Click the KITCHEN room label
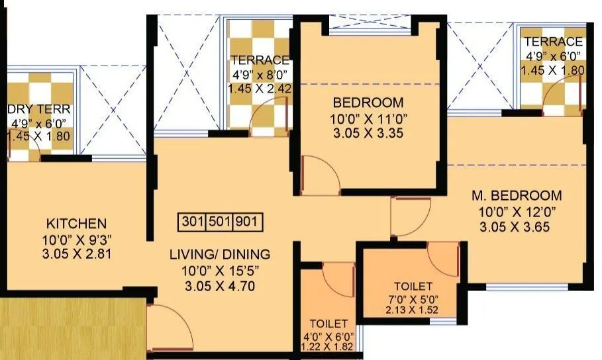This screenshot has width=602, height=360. [76, 223]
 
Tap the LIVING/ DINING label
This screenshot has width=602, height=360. [219, 254]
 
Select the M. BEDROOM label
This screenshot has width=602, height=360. [517, 196]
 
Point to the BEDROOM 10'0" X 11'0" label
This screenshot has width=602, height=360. [368, 103]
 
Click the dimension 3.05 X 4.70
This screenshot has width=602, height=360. [219, 286]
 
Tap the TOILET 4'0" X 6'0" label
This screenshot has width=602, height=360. [328, 324]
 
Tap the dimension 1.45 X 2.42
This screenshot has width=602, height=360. [260, 87]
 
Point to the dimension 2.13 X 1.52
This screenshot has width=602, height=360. [413, 309]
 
